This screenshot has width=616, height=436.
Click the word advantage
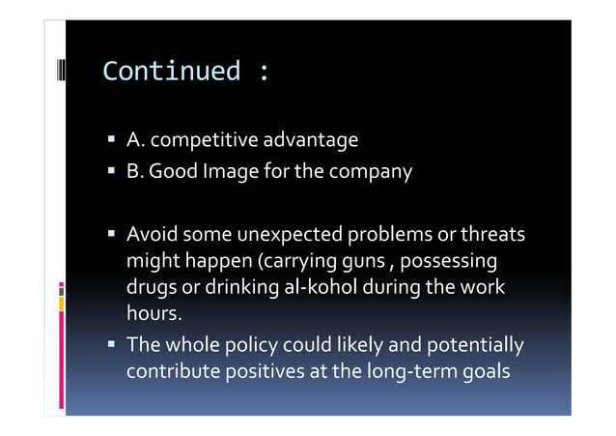310,141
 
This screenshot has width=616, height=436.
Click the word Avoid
152,235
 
